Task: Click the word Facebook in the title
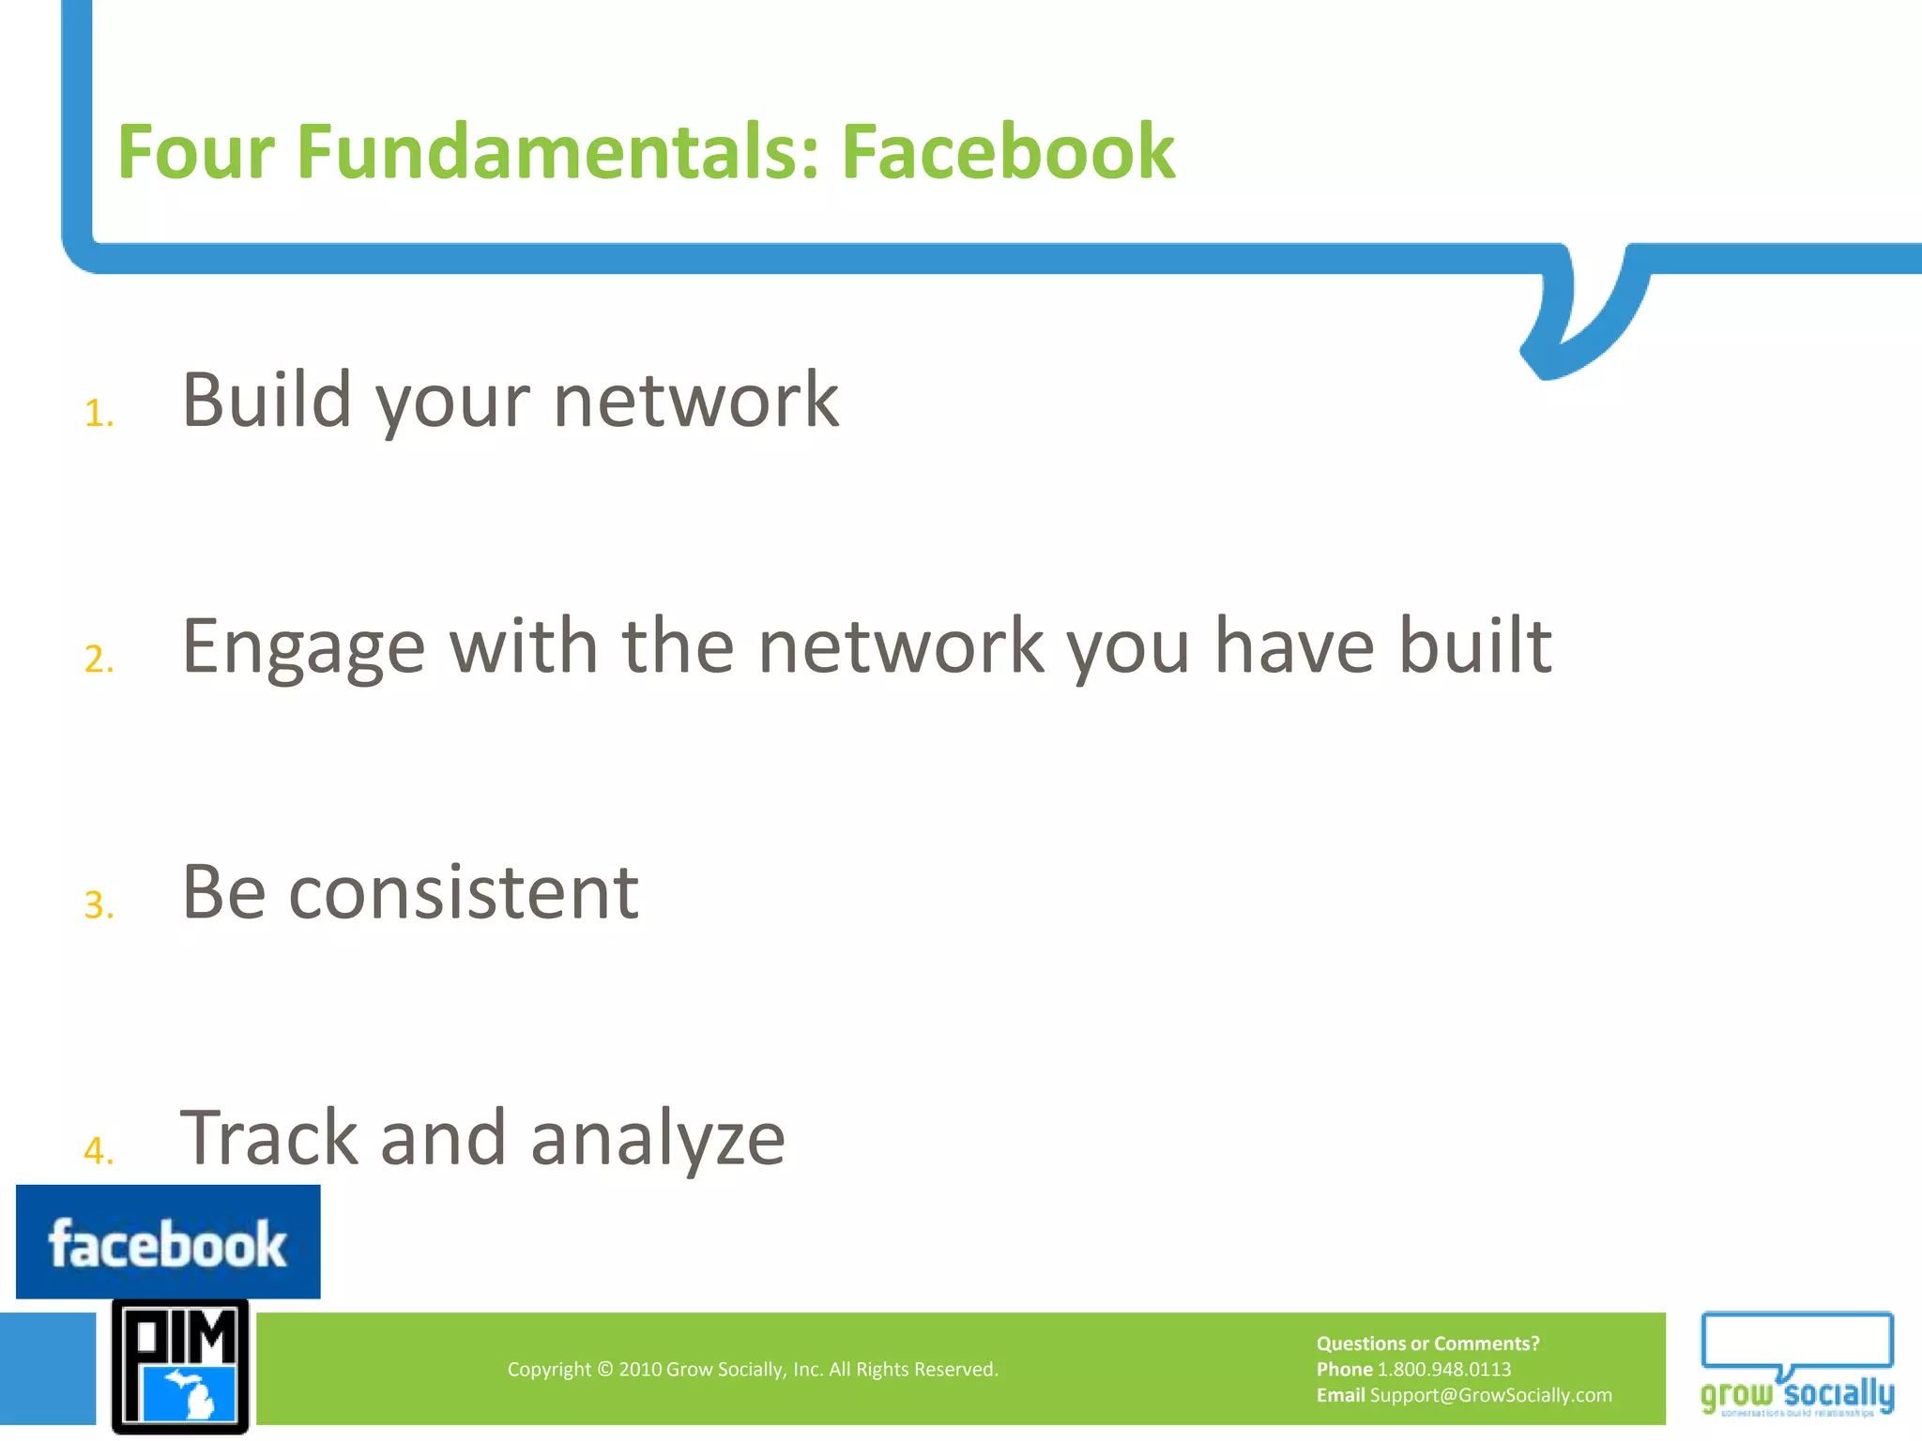point(1007,152)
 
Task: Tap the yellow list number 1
point(98,414)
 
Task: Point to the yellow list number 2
point(98,660)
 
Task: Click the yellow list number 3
point(98,905)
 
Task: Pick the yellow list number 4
point(98,1151)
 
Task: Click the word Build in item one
point(267,400)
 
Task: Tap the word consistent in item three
point(464,892)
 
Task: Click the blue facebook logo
point(168,1242)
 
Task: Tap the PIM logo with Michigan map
point(180,1367)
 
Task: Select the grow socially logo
point(1796,1365)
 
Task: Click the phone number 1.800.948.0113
point(1443,1370)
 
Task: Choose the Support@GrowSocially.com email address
point(1490,1395)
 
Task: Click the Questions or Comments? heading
point(1427,1343)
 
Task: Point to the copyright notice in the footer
point(753,1370)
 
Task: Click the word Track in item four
point(268,1138)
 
